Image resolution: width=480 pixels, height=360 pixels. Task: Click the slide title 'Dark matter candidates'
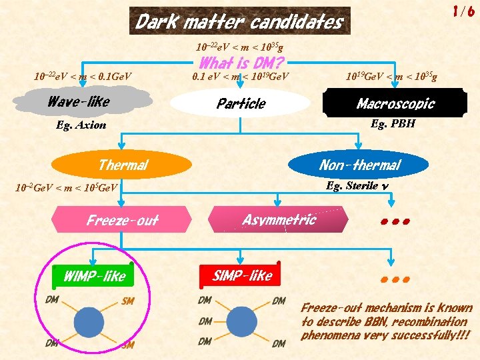[x=239, y=22]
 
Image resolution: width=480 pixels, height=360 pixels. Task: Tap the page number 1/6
[x=463, y=11]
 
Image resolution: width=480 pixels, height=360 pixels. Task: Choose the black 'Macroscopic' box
[x=395, y=103]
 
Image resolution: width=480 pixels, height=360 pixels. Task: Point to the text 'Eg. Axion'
[x=81, y=125]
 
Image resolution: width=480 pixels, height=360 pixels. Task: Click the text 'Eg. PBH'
[x=390, y=123]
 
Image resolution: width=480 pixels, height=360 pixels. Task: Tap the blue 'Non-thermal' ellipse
[x=360, y=165]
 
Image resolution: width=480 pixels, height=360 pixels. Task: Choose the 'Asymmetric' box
[x=279, y=219]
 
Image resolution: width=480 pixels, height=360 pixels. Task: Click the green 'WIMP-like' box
[x=93, y=275]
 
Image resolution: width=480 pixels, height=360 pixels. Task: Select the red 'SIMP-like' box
[x=242, y=275]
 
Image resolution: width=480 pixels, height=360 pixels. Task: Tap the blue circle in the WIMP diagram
[x=89, y=322]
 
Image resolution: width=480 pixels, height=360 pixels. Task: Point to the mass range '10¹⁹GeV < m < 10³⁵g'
[x=391, y=76]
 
